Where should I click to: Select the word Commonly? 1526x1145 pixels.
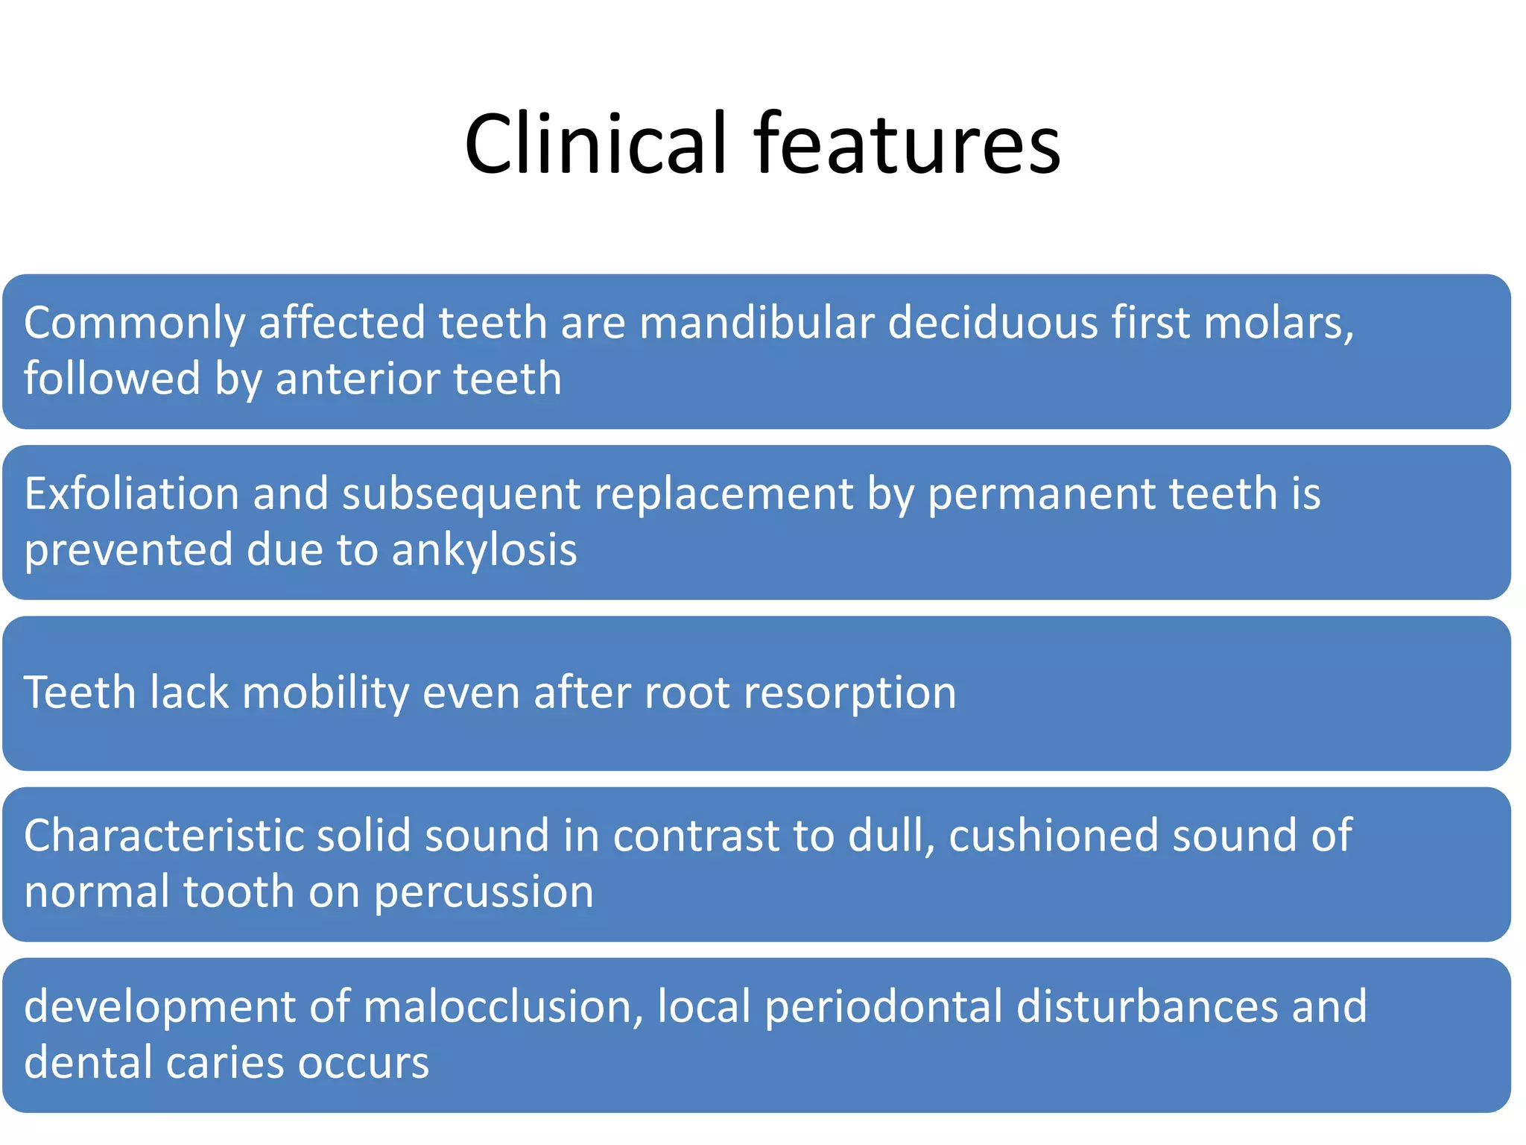pos(134,324)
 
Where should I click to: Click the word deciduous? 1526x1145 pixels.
pos(992,324)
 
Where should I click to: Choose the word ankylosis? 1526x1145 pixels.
pos(484,550)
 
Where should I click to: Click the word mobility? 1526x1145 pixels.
pos(326,693)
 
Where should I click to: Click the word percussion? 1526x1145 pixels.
pos(484,892)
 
